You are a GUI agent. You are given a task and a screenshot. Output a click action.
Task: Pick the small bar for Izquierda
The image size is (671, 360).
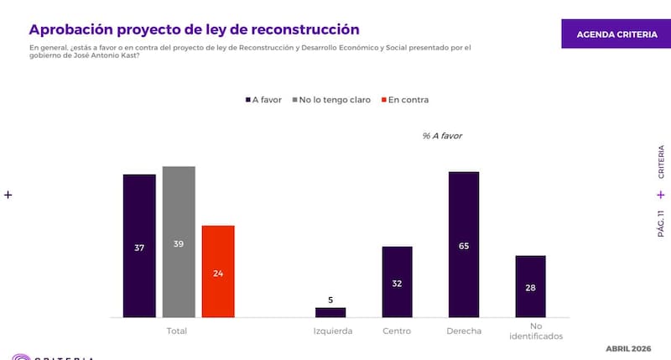pyautogui.click(x=330, y=312)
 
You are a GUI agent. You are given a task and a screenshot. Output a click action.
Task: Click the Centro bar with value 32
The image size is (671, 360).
pyautogui.click(x=397, y=282)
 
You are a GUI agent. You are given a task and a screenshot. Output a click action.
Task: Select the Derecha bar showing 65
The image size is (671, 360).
pyautogui.click(x=464, y=244)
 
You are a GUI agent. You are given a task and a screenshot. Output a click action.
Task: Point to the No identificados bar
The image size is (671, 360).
pyautogui.click(x=530, y=286)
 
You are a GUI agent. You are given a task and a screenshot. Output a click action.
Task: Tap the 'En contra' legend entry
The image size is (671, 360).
pyautogui.click(x=406, y=100)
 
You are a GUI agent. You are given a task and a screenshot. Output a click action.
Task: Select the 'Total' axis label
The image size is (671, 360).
pyautogui.click(x=178, y=331)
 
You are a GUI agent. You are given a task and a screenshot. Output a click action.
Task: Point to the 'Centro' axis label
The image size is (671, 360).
pyautogui.click(x=397, y=331)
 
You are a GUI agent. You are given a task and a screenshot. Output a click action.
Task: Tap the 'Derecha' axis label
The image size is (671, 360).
pyautogui.click(x=464, y=331)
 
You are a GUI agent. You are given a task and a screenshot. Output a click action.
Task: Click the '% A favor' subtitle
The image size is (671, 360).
pyautogui.click(x=442, y=135)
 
